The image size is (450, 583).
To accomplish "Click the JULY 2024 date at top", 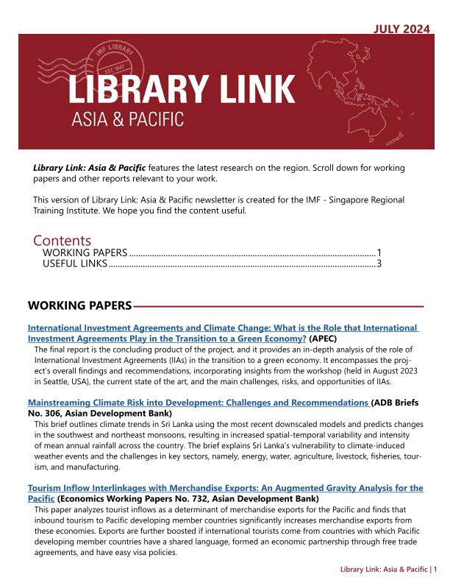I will (402, 29).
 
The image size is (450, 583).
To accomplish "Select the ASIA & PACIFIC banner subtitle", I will (127, 118).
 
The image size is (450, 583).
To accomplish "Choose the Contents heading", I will (63, 241).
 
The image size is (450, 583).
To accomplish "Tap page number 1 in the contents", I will (379, 252).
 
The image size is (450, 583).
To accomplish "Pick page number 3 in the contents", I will (379, 264).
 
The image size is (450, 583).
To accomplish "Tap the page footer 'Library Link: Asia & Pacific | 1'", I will (388, 570).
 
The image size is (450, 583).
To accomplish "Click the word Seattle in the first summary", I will (51, 381).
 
